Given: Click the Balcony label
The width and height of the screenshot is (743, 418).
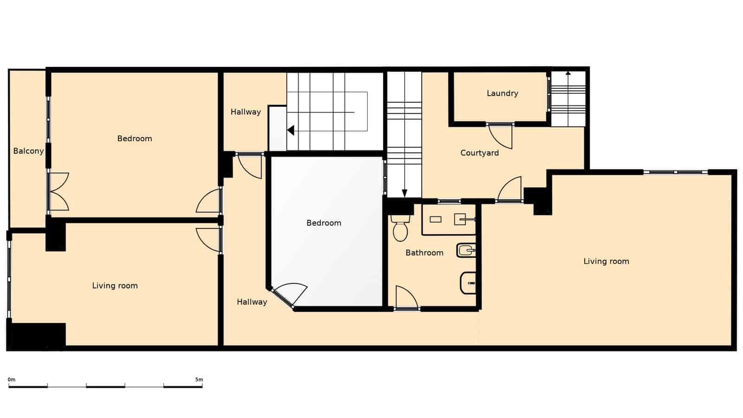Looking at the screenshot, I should (x=28, y=151).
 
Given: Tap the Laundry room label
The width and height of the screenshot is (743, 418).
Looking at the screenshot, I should (x=502, y=93).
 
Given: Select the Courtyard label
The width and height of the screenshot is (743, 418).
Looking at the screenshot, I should (x=479, y=153).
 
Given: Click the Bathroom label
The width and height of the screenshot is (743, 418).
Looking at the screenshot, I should (x=424, y=253).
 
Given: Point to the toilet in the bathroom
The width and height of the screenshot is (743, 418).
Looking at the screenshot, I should (x=400, y=229).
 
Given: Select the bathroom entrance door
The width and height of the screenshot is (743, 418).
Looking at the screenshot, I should (x=406, y=297).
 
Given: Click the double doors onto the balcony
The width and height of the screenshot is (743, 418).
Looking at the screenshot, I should (x=58, y=191).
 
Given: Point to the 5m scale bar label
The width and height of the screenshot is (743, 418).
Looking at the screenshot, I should (x=199, y=379).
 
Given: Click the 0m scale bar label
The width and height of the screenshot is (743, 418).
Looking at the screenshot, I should (x=12, y=379).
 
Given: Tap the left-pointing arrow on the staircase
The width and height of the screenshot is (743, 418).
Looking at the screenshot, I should (x=291, y=131).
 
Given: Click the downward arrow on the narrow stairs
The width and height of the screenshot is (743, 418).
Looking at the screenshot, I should (x=404, y=193).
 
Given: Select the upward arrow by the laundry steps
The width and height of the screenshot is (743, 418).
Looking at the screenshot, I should (x=568, y=73).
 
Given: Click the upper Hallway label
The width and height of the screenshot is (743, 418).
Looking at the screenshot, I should (x=245, y=112).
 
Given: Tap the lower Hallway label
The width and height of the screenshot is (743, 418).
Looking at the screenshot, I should (x=252, y=302).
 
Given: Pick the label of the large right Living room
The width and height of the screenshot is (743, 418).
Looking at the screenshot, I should (x=606, y=261).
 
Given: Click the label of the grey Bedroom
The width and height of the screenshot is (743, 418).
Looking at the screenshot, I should (x=324, y=223).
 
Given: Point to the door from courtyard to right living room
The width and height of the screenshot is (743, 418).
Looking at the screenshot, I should (x=510, y=189).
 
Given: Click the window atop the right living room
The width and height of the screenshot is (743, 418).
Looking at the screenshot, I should (x=676, y=172).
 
